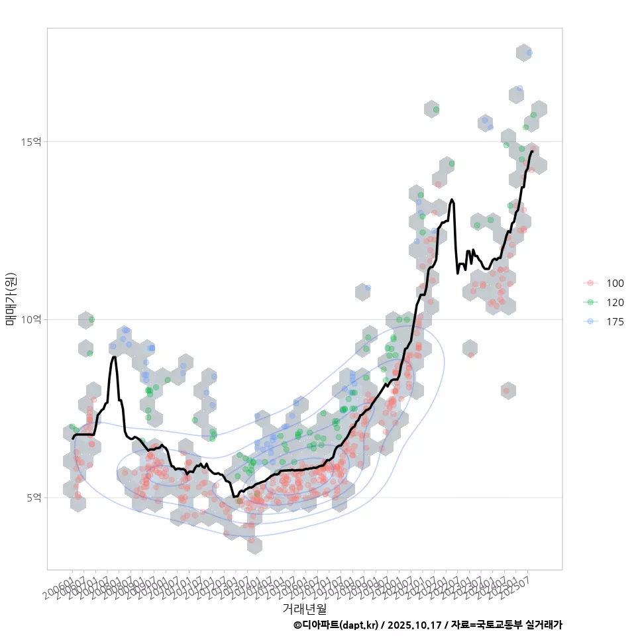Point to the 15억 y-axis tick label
click(x=32, y=142)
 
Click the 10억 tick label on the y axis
click(x=32, y=319)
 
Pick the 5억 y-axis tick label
click(x=34, y=498)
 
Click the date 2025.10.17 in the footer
click(x=416, y=625)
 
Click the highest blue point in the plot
click(x=529, y=52)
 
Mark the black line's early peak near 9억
click(x=114, y=357)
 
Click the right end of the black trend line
click(x=532, y=152)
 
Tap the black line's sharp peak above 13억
click(x=452, y=199)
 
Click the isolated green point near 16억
click(x=436, y=109)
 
